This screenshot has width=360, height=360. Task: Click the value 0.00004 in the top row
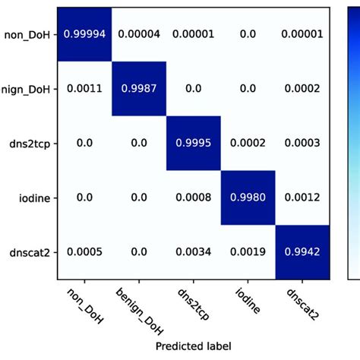tap(139, 35)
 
